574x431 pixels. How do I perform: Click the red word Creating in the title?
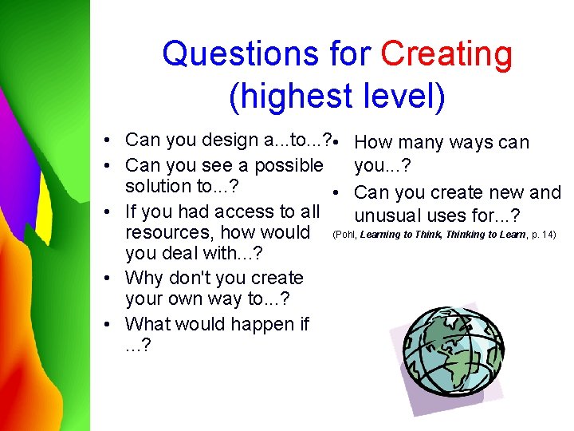click(446, 55)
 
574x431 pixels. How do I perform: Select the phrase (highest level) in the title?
click(336, 97)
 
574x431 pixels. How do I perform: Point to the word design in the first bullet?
click(228, 140)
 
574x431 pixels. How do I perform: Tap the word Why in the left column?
click(143, 279)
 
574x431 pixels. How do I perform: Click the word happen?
click(258, 324)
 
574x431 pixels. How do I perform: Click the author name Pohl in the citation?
click(345, 234)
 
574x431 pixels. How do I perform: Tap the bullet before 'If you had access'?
click(106, 212)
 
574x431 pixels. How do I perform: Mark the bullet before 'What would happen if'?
click(106, 325)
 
